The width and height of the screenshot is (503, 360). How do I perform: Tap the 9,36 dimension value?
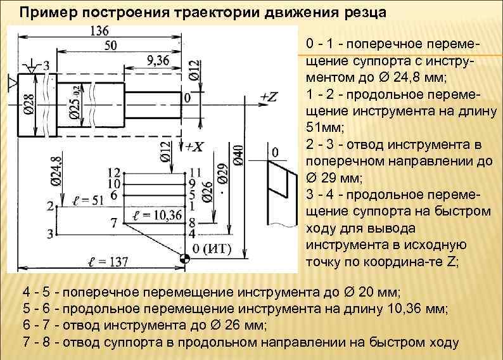pyautogui.click(x=158, y=60)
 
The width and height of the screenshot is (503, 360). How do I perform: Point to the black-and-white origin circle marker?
pyautogui.click(x=184, y=259)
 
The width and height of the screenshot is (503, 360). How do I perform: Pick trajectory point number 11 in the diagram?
pyautogui.click(x=195, y=172)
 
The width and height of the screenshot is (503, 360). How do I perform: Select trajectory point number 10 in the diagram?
pyautogui.click(x=114, y=184)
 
